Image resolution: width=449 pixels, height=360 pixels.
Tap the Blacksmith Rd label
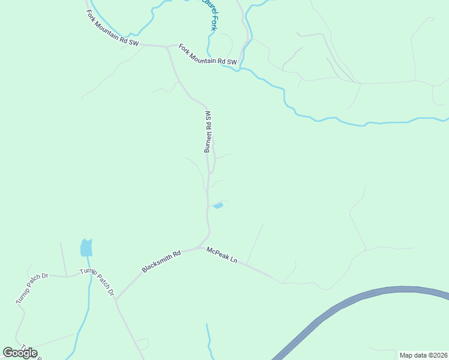coord(161,262)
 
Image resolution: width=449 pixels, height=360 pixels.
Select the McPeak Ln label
coord(222,255)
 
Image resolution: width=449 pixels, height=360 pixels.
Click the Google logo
coord(20,353)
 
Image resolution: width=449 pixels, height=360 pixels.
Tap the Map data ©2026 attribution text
coord(423,355)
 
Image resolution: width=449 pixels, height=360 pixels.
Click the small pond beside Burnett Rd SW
coord(218,206)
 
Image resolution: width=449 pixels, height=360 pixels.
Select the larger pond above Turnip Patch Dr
coord(86,247)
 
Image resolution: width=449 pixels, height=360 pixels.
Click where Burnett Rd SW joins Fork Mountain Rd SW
coord(167,46)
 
